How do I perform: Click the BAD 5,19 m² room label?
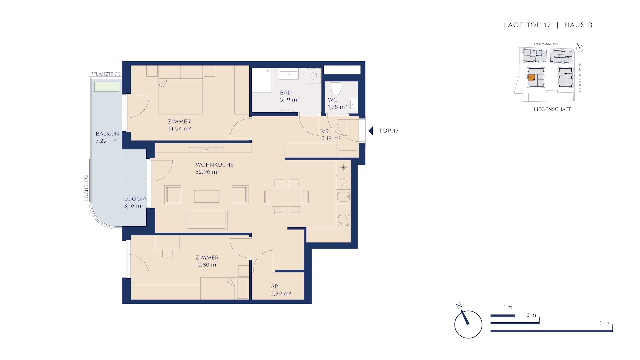click(289, 96)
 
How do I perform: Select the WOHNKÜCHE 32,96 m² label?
click(214, 168)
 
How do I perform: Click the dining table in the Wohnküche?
click(286, 197)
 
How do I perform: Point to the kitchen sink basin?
click(343, 197)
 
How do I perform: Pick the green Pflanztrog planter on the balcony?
click(107, 87)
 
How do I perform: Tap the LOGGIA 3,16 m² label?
click(135, 202)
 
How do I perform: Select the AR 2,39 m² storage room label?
click(281, 290)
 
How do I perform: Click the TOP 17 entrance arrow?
click(371, 131)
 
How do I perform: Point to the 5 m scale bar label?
click(604, 323)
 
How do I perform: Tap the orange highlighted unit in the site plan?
click(531, 77)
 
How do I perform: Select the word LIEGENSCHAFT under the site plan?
click(552, 109)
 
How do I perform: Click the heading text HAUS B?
click(578, 25)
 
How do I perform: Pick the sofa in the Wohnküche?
click(207, 220)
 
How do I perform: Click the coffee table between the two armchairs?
click(207, 196)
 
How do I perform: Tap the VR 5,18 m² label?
click(331, 135)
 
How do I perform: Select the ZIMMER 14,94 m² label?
click(179, 125)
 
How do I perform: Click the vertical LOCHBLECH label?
click(86, 186)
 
